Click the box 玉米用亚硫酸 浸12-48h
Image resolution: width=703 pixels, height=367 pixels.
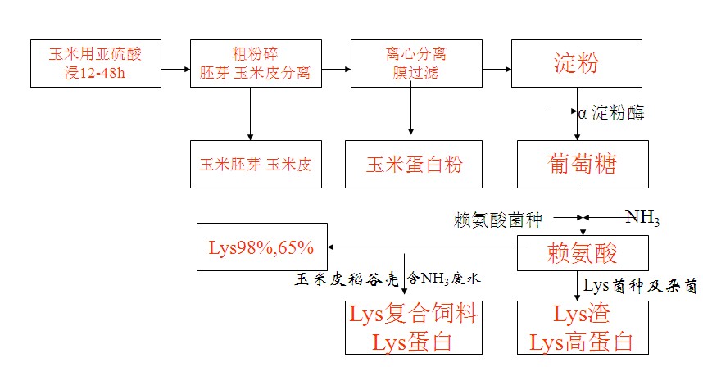(96, 63)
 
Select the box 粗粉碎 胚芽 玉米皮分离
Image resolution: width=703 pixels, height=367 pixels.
(255, 63)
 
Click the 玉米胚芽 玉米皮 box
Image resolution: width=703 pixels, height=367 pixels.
(255, 163)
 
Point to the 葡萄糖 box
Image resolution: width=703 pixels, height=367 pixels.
(583, 164)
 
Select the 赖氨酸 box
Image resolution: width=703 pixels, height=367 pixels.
(583, 253)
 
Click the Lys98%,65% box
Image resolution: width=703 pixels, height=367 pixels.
(261, 246)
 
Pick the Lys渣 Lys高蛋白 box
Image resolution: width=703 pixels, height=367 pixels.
(583, 327)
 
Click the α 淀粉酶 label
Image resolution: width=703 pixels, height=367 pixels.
(611, 112)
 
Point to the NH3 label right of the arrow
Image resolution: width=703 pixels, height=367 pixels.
(642, 217)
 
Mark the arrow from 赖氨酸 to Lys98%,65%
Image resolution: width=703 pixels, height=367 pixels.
(422, 246)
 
